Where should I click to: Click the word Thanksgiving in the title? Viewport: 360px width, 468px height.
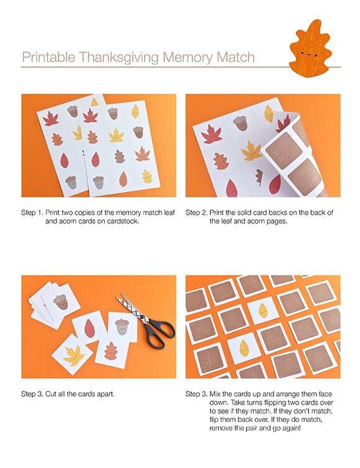click(119, 57)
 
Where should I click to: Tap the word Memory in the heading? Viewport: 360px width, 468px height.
click(188, 57)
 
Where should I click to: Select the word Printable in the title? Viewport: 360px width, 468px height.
click(48, 56)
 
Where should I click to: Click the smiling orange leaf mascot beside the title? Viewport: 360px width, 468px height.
click(310, 48)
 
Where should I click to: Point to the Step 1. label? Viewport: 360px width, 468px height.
click(32, 213)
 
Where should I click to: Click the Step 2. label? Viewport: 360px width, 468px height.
click(196, 213)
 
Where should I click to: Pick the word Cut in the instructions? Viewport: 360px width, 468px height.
click(51, 394)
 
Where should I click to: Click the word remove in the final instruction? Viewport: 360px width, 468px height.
click(220, 428)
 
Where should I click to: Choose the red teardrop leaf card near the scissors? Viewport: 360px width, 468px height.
click(89, 328)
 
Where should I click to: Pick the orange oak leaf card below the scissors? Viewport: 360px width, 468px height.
click(111, 351)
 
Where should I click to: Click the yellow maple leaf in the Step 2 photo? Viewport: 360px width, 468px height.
click(251, 150)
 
